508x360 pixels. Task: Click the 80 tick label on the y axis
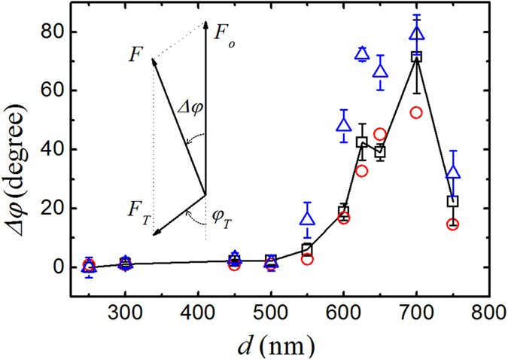[59, 32]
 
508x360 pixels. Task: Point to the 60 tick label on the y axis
[59, 91]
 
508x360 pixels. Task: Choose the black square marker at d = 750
[452, 201]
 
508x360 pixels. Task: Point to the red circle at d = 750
[452, 224]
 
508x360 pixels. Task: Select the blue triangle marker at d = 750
[452, 173]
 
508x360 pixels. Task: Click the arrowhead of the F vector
[154, 61]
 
